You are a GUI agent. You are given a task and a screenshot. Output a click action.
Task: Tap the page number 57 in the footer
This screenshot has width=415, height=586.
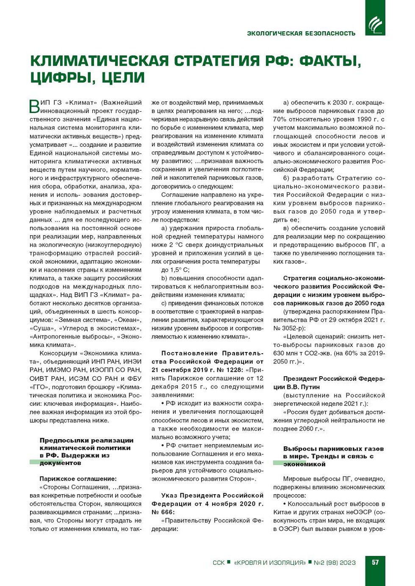pos(375,562)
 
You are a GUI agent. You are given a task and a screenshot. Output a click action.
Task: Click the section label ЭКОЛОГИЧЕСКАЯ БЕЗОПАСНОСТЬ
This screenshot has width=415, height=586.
pos(301,33)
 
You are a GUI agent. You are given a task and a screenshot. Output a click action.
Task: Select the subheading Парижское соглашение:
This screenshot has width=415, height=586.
pos(78,479)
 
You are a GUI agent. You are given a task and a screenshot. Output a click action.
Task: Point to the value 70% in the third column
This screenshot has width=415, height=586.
pos(280,119)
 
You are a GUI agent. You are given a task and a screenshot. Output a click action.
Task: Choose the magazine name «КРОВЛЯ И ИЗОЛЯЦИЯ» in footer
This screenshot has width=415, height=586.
pos(270,563)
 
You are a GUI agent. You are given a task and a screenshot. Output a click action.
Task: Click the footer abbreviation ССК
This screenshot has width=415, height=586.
pos(219,563)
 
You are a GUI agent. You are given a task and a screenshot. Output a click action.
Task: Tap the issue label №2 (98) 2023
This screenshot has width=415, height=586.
pos(335,563)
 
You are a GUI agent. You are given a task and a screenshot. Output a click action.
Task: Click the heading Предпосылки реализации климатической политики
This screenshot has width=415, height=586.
pos(86,444)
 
